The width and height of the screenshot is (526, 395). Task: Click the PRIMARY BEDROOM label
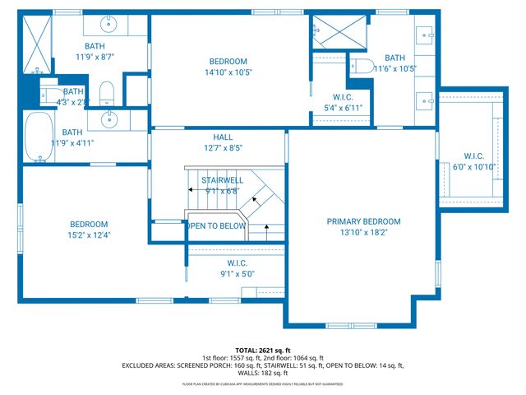point(363,221)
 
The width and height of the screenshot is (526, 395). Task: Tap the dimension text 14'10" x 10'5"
point(228,72)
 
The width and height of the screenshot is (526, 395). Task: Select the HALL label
point(223,137)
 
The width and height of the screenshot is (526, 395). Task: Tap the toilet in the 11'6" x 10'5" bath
point(360,67)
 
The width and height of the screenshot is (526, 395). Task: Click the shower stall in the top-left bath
point(37,43)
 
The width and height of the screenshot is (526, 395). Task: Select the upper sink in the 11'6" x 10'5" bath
point(425,35)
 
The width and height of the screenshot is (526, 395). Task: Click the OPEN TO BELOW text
point(216,225)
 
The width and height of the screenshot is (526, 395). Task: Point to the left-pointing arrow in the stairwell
point(192,190)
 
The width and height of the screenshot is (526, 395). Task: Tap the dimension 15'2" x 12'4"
point(89,235)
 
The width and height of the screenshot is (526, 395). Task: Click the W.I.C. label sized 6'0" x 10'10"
point(474,156)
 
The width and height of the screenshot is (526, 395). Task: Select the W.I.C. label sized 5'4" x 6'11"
point(337,97)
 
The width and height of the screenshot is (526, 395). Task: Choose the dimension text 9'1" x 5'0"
point(233,274)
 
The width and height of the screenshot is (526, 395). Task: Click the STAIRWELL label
point(224,179)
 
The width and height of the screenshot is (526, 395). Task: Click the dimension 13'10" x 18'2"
point(363,233)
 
